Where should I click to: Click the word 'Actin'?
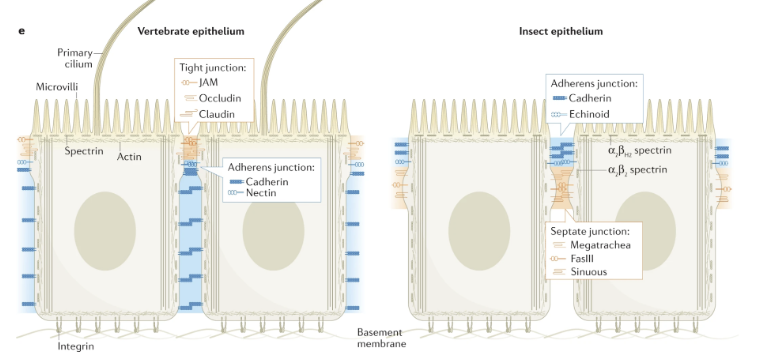(130, 156)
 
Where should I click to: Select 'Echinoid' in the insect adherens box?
(593, 116)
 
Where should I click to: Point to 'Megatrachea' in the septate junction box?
(603, 245)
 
